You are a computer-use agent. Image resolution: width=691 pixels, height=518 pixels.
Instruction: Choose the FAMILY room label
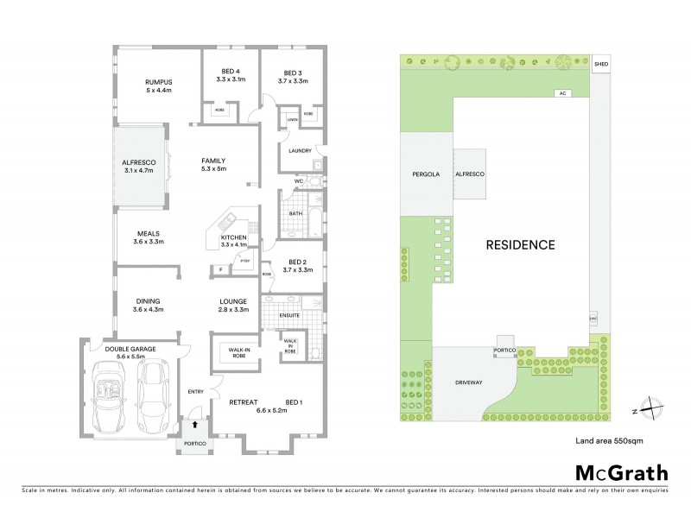coord(213,161)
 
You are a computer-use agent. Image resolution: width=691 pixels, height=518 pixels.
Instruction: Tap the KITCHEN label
coord(234,237)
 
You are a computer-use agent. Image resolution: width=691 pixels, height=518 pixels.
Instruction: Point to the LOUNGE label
coord(233,300)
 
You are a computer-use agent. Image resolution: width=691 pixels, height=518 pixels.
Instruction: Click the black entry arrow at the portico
coord(194,425)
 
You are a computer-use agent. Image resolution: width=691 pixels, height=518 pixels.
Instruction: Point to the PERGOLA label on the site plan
coord(426,174)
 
